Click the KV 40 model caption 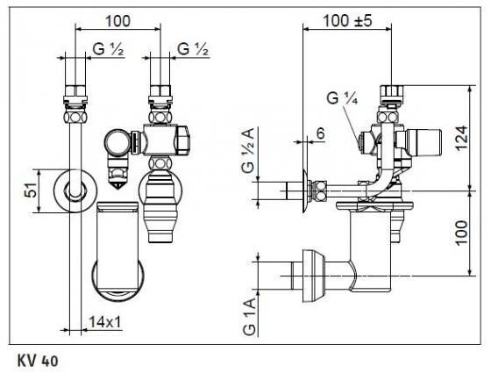click(x=38, y=361)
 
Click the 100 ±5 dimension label click(x=347, y=21)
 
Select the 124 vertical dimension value click(x=462, y=139)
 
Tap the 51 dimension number click(x=32, y=190)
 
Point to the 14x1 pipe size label click(x=105, y=322)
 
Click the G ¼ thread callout click(x=342, y=98)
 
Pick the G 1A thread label click(x=249, y=317)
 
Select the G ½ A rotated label click(x=248, y=150)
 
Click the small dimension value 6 click(x=320, y=133)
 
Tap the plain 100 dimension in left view click(x=117, y=21)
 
